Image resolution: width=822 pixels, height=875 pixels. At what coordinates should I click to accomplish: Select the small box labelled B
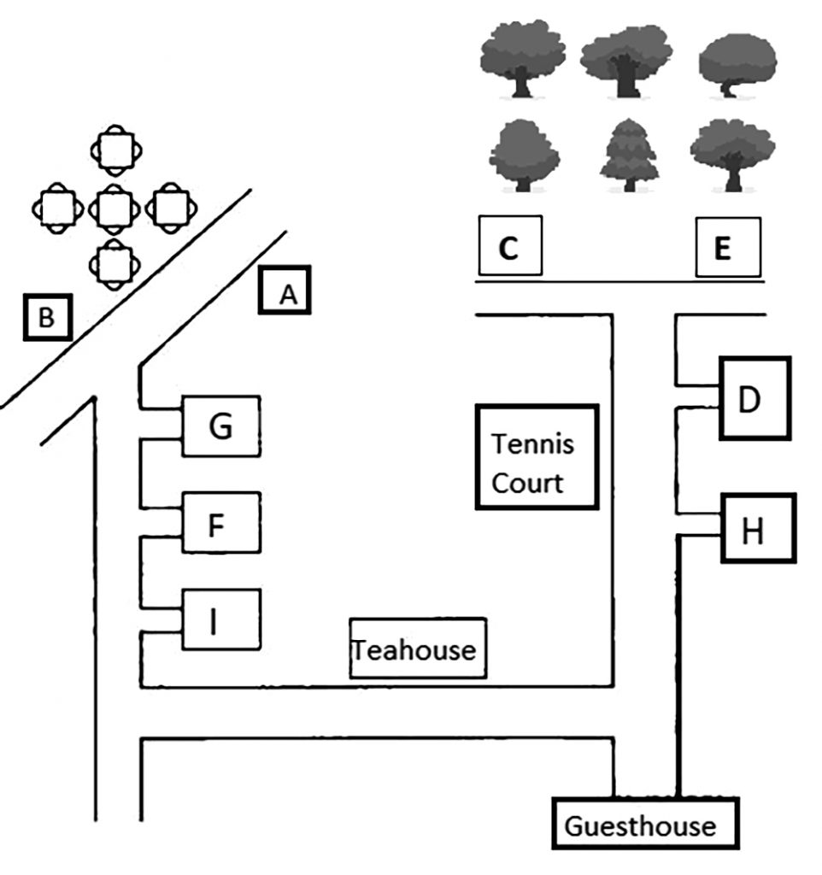[x=47, y=318]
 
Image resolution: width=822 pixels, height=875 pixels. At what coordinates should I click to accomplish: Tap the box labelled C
[x=510, y=248]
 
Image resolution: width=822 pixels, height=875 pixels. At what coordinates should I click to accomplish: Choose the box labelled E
[x=727, y=248]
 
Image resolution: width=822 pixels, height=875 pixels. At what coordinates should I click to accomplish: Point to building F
[x=220, y=522]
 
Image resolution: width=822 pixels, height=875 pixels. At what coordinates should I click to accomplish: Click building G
[x=220, y=426]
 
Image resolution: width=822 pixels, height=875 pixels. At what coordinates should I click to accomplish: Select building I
[x=220, y=620]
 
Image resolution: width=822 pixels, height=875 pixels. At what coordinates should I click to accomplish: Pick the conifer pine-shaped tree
[x=630, y=154]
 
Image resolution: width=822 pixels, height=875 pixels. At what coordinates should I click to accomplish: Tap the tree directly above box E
[x=732, y=154]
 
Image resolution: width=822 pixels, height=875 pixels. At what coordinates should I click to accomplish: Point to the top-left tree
[x=520, y=58]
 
